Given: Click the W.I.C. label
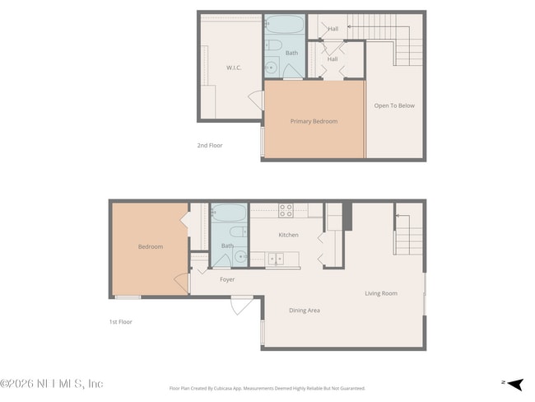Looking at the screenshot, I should coord(233,68).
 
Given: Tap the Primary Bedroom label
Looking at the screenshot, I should coord(314,121).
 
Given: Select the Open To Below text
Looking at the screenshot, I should coord(394,105).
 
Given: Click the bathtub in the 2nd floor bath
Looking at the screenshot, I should coord(285,24).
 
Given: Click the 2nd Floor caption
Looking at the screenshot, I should coord(209,146).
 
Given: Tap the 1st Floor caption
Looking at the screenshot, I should coord(121,322).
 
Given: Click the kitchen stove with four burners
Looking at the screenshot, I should coord(286,211).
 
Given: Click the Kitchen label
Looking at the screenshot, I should coord(288,236).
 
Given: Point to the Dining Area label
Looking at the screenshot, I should coord(304,311).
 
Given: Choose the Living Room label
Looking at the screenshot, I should coord(381,293).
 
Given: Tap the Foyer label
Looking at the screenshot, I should coord(227,279).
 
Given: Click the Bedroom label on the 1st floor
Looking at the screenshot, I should coord(150,247).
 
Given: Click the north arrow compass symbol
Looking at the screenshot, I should coord(514,383).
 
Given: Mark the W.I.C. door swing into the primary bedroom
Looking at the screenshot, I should coord(256,100).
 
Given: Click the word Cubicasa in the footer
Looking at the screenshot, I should coord(235,388).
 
